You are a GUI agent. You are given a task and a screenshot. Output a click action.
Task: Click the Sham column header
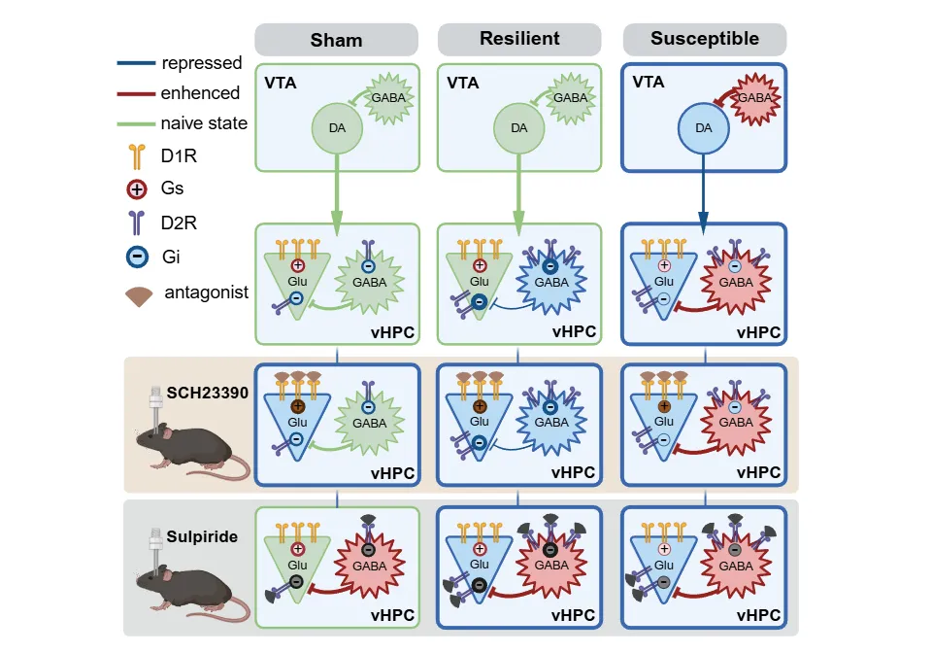click(336, 40)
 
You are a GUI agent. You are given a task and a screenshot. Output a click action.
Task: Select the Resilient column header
click(519, 39)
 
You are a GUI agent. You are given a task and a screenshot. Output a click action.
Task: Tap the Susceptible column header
click(704, 39)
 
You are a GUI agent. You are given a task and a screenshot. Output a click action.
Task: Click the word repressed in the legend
click(202, 63)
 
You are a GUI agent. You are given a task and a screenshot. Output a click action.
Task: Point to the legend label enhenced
click(201, 93)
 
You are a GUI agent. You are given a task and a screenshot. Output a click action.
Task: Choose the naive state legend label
click(205, 123)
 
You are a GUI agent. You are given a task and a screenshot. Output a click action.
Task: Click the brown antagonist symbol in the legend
click(140, 293)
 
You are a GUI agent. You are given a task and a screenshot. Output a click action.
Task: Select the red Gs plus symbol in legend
click(137, 189)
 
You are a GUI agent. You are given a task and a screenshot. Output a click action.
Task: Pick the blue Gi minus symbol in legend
click(137, 258)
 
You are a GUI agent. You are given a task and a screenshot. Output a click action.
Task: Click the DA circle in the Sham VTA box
click(336, 127)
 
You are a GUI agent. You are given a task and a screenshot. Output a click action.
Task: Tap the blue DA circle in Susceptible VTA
click(703, 127)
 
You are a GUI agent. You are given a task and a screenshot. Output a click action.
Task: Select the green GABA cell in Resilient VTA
click(570, 98)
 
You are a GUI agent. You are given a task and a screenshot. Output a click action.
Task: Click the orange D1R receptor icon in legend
click(137, 155)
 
